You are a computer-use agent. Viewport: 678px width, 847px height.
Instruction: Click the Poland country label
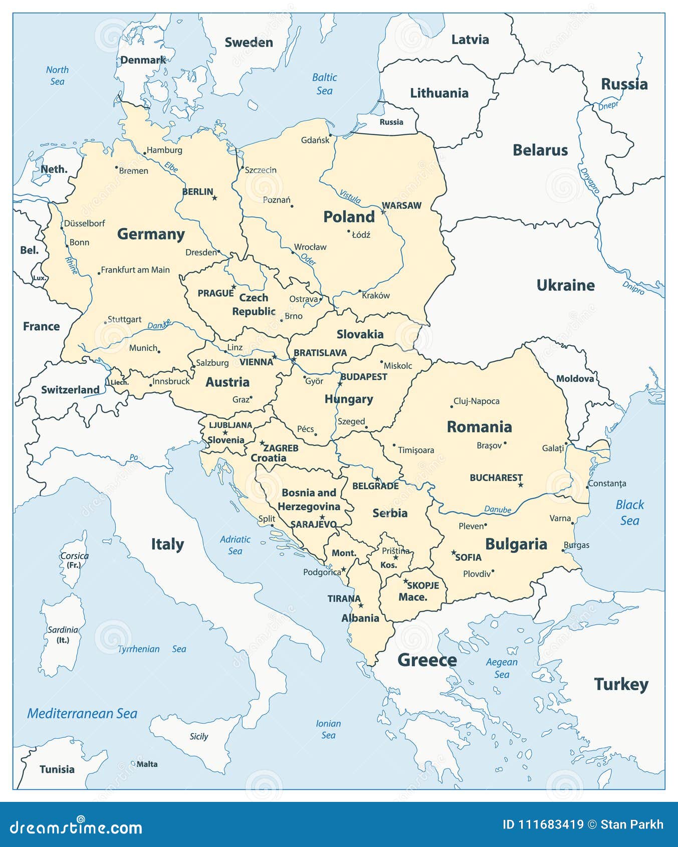pos(349,217)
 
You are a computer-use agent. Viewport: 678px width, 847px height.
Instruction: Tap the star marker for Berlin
pos(214,198)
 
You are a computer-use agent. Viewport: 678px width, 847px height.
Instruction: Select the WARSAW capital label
pos(401,205)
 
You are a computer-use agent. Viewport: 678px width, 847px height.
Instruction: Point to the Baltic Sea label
pos(324,84)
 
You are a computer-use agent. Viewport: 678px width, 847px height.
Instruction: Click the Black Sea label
pos(629,512)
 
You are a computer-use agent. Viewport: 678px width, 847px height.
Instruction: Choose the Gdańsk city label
pos(315,140)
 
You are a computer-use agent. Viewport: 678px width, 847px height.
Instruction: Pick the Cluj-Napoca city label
pos(476,401)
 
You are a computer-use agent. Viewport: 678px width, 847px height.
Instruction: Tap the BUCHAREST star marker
pos(521,485)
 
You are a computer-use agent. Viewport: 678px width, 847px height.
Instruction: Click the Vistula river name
pos(350,196)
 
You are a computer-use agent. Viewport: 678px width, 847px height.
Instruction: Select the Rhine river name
pos(72,265)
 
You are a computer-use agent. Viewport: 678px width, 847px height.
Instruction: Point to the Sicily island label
pos(198,736)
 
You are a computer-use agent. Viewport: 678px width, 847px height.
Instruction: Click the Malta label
pos(147,764)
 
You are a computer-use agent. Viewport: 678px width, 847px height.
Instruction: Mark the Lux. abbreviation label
pos(39,278)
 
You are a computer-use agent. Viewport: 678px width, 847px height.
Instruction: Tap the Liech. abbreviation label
pos(119,382)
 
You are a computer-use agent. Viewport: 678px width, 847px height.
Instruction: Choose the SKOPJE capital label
pos(423,585)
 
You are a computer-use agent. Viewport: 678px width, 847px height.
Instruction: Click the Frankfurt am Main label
pos(135,270)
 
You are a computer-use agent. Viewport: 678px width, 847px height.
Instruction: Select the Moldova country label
pos(575,378)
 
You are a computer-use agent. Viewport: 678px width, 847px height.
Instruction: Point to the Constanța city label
pos(607,484)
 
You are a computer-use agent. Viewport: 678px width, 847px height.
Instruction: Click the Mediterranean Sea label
pos(82,714)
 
